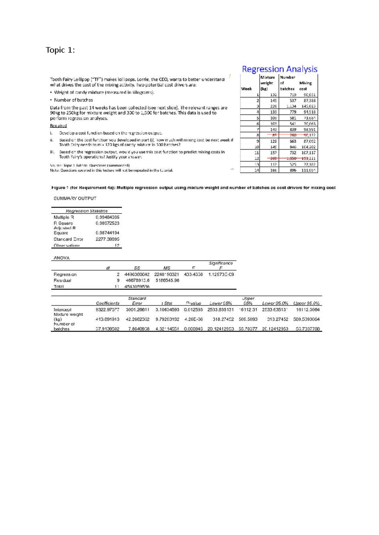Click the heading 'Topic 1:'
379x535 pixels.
point(60,50)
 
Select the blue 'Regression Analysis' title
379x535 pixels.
point(280,69)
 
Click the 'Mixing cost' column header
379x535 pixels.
point(305,86)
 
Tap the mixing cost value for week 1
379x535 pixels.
point(309,95)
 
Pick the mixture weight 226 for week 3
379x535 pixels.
point(274,106)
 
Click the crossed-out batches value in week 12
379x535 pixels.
point(291,158)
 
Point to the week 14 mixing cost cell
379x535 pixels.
point(309,170)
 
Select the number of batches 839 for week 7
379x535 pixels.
point(292,129)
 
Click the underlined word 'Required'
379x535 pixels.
point(58,126)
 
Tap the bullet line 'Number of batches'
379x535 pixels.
point(73,100)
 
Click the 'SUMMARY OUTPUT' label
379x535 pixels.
point(75,198)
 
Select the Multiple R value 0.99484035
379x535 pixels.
point(107,217)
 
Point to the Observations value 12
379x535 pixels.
point(117,245)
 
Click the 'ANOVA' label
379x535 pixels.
point(62,258)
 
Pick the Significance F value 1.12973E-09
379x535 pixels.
point(221,274)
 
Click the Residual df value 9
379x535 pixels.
point(118,280)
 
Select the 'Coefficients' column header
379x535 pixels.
point(107,303)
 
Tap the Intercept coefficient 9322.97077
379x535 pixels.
point(107,309)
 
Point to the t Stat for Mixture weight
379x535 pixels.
point(167,319)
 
